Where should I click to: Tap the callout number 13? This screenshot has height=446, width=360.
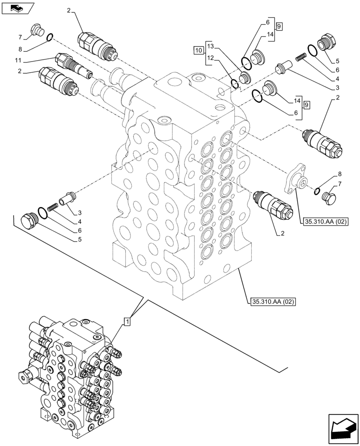point(211,47)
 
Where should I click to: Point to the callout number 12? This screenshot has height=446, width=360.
point(211,58)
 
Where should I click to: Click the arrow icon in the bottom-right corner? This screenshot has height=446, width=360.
point(343,428)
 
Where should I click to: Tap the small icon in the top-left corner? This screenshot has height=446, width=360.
point(17,8)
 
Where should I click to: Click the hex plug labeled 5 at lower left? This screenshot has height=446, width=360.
point(30,221)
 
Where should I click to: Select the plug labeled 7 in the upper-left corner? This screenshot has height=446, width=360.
point(37,30)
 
